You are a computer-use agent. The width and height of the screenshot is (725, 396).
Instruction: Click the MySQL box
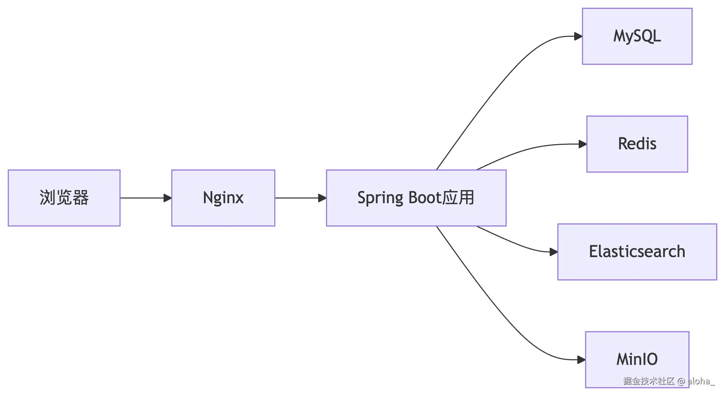(637, 36)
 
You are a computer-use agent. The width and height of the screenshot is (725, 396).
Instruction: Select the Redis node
(637, 144)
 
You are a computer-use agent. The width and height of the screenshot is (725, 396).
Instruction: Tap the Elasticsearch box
(637, 252)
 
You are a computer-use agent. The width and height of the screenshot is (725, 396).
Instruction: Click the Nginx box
(223, 198)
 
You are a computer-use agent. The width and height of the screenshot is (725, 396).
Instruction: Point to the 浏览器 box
(64, 198)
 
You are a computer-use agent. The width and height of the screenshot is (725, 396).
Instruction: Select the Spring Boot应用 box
(416, 198)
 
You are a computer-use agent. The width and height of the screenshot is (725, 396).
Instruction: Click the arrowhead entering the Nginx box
(167, 198)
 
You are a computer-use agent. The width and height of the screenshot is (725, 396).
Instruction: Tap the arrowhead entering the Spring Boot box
(322, 198)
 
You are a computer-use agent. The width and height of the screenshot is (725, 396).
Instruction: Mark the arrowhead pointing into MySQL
(578, 36)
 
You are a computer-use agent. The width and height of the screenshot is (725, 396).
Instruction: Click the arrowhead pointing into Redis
(582, 144)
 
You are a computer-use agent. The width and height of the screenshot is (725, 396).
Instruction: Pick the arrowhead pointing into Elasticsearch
(553, 252)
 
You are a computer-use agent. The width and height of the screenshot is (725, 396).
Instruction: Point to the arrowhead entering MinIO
(581, 360)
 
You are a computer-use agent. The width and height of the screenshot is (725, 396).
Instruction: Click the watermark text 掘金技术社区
(648, 381)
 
